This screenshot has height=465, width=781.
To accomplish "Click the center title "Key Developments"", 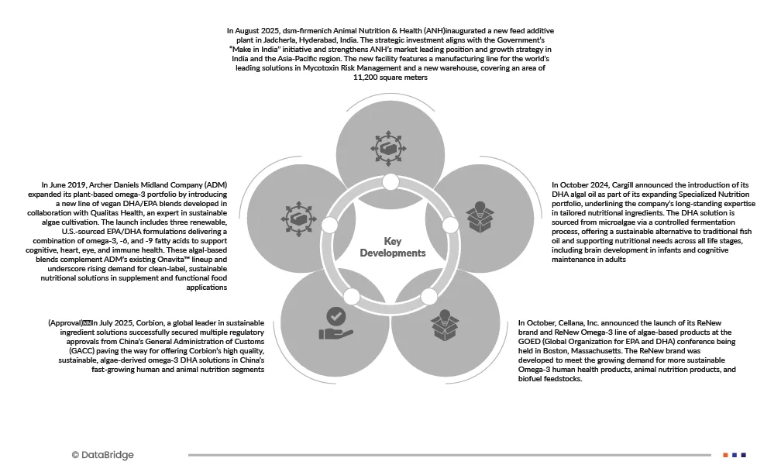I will tap(393, 247).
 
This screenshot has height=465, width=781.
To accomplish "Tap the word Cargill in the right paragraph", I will tap(627, 184).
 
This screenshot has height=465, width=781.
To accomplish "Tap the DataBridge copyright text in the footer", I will tap(102, 455).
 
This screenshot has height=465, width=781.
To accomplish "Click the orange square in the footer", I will tap(725, 455).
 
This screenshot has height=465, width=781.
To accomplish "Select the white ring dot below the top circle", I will tap(390, 183).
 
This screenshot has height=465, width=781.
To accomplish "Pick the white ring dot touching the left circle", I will tap(329, 225).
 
